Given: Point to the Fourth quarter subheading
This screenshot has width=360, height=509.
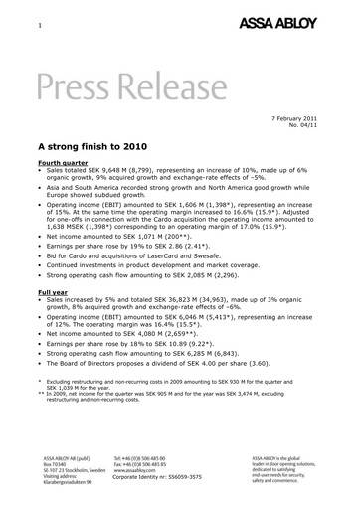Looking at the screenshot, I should point(64,161).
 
